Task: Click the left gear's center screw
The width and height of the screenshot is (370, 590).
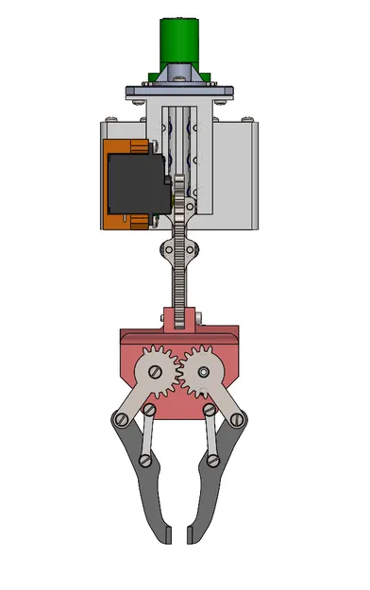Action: click(x=153, y=372)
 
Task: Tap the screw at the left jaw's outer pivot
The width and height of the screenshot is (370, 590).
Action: click(x=119, y=419)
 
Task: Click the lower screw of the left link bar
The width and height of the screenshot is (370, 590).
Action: click(x=144, y=461)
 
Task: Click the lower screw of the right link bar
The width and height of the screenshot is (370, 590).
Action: click(x=212, y=461)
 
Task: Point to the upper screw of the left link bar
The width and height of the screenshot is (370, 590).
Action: click(x=149, y=410)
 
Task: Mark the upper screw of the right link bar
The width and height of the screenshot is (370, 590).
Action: click(x=208, y=410)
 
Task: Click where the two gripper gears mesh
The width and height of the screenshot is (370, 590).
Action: click(x=178, y=370)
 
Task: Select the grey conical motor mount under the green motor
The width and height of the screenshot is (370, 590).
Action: click(x=178, y=76)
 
